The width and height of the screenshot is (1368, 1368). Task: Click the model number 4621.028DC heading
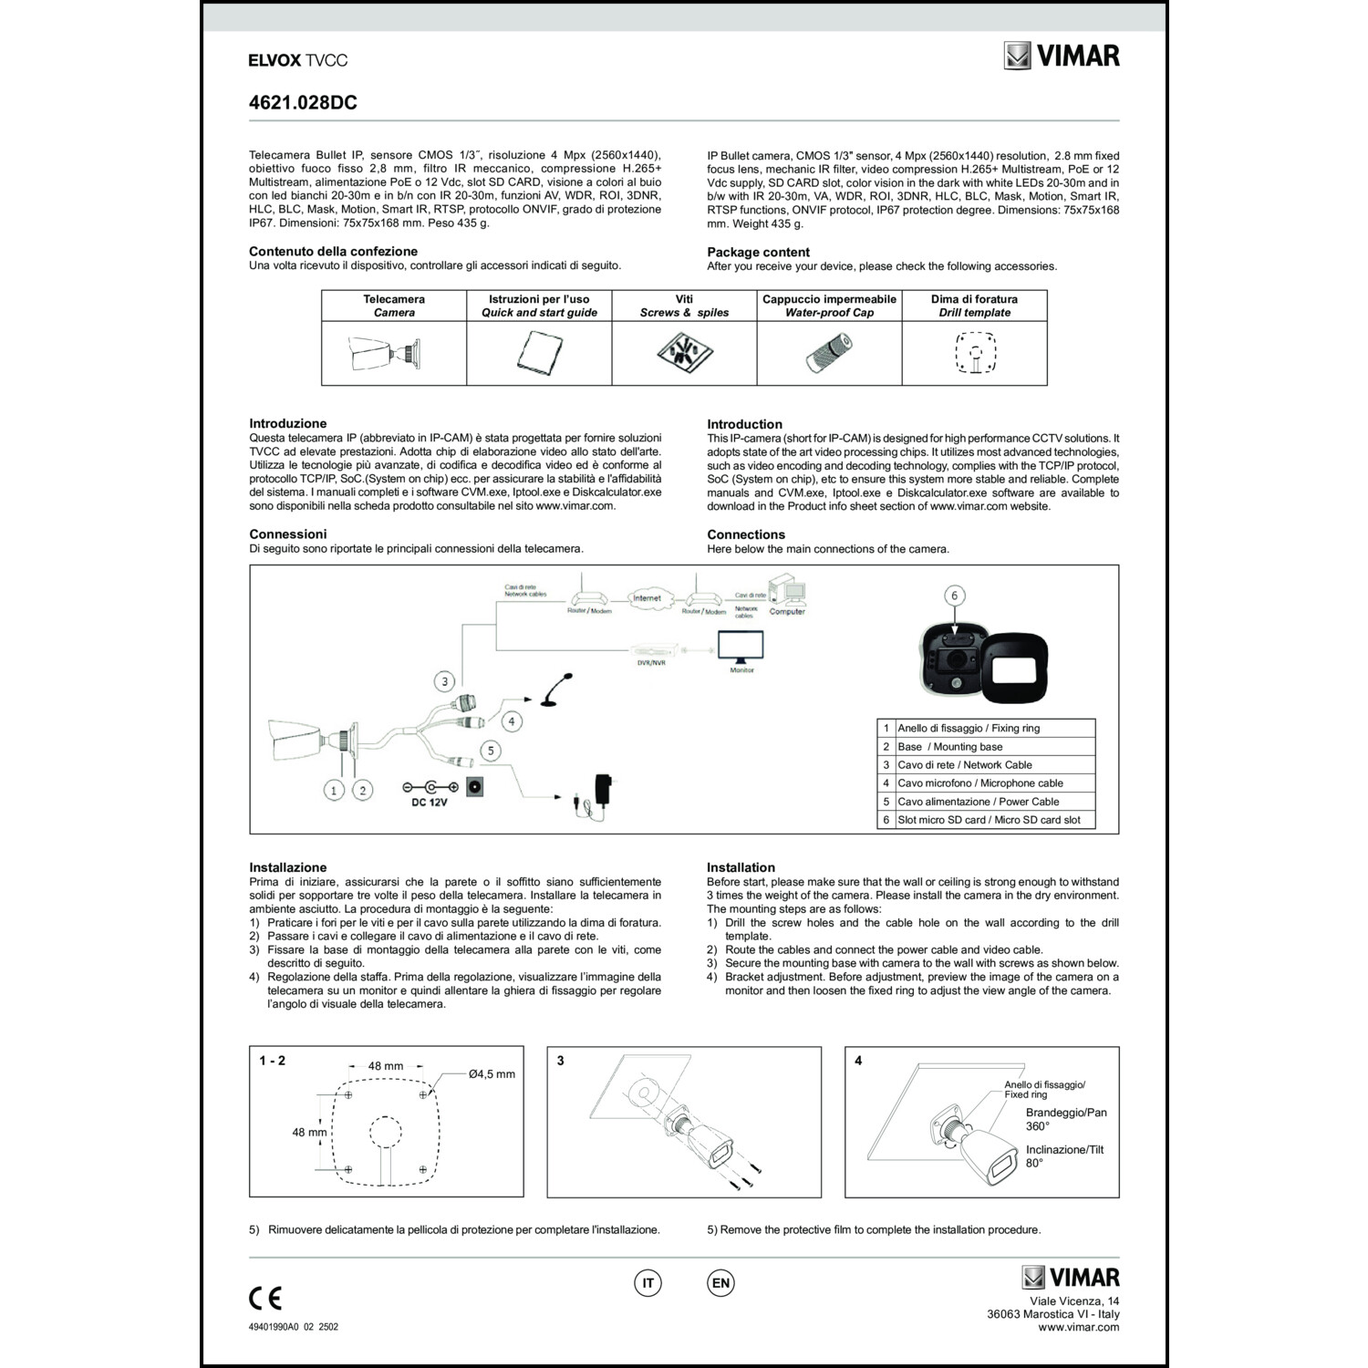pos(303,103)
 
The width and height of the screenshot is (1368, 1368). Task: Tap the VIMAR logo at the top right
pos(1062,56)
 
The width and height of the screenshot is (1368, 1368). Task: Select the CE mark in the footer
pos(265,1297)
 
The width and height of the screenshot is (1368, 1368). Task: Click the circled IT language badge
pos(648,1283)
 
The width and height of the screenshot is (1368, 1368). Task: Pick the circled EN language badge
pos(720,1283)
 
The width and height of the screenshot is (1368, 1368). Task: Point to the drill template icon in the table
pos(975,353)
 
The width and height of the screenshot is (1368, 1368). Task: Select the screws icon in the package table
pos(684,352)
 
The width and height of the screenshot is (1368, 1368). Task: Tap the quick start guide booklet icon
pos(538,352)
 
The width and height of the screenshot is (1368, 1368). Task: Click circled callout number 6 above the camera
pos(955,596)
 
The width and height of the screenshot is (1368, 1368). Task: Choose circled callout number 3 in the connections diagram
pos(444,680)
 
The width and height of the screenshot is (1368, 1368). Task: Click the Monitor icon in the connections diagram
pos(741,649)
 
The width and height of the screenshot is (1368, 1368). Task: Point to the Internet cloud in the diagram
pos(647,598)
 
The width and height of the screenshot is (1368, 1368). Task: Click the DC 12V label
pos(430,803)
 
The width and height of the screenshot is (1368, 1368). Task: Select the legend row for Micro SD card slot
pos(986,820)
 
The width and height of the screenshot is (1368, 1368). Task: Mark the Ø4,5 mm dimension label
pos(492,1074)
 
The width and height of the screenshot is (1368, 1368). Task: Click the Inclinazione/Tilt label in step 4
pos(1064,1150)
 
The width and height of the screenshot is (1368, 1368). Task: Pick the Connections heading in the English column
pos(746,534)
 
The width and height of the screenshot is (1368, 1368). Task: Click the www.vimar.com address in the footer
pos(1079,1327)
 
